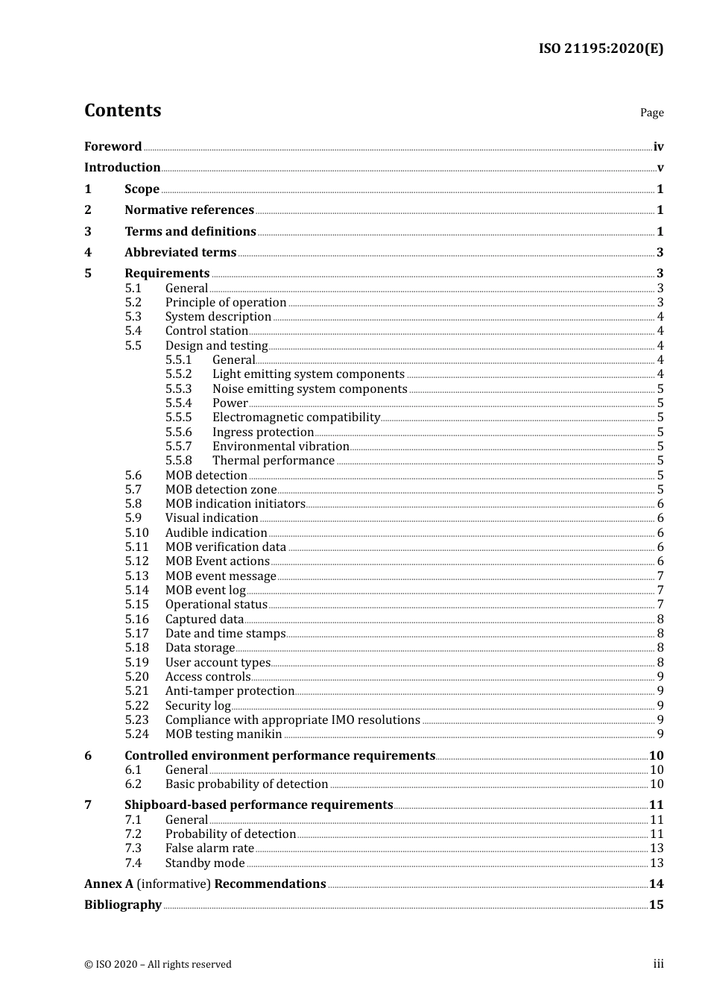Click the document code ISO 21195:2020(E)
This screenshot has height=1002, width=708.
(x=601, y=48)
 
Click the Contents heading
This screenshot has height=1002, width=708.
(x=122, y=110)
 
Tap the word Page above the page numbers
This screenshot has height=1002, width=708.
(x=651, y=113)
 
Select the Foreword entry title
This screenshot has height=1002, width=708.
(x=113, y=147)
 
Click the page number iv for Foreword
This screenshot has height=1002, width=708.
(x=658, y=147)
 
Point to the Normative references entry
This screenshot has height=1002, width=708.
(x=189, y=210)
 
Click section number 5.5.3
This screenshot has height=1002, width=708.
(x=179, y=389)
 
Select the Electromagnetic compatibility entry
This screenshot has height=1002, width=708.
(x=296, y=417)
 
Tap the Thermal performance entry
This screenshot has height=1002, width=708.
(x=274, y=461)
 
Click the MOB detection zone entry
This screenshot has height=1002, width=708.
(x=221, y=490)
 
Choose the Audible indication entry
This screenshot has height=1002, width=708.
(x=216, y=533)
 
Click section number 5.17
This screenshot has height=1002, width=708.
(x=137, y=634)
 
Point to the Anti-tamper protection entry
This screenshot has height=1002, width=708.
(x=230, y=691)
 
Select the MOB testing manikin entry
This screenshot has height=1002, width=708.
(x=224, y=734)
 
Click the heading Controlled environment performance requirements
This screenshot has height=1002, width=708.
(x=279, y=756)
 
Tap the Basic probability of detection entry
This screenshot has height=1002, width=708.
(x=247, y=784)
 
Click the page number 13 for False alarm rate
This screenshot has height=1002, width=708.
(x=657, y=848)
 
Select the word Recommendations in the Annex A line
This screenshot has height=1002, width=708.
(x=270, y=884)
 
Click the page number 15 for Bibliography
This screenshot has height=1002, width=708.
(x=656, y=905)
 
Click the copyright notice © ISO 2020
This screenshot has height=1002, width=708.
(x=158, y=965)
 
